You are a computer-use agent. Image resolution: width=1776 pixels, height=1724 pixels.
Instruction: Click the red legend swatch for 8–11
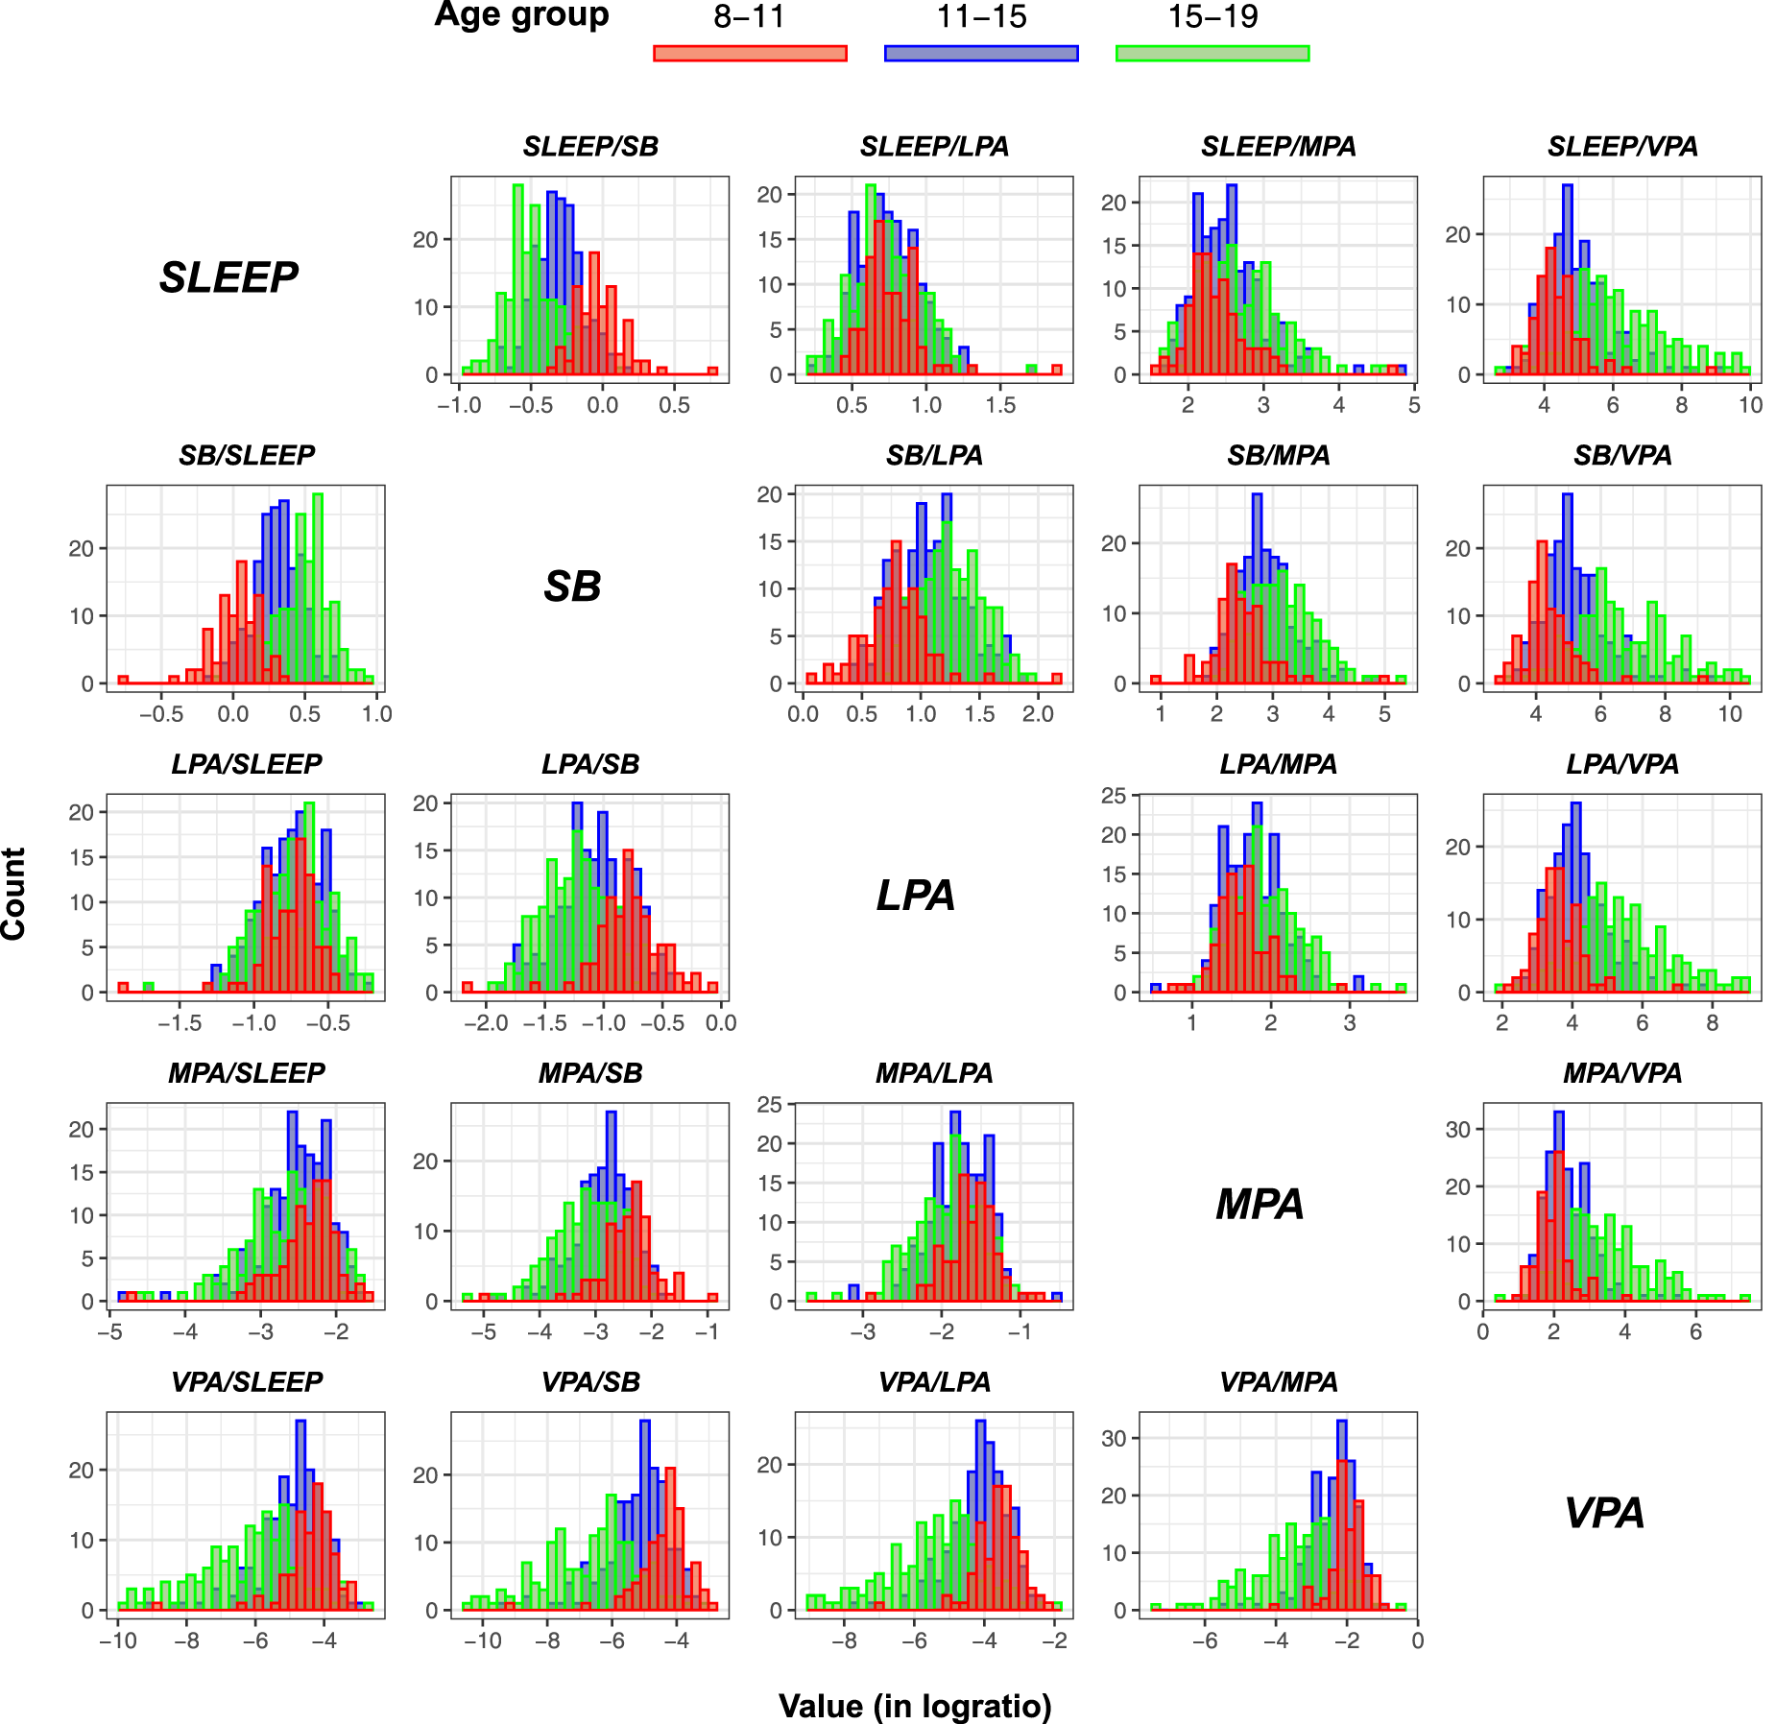point(750,53)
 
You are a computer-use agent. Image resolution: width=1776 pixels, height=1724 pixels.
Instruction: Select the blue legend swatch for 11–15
point(981,53)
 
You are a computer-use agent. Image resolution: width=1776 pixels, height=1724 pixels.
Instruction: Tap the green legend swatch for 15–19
point(1212,53)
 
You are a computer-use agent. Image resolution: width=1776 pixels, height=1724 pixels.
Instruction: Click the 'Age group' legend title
point(521,16)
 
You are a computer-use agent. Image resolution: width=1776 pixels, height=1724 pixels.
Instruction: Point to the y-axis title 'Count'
point(13,894)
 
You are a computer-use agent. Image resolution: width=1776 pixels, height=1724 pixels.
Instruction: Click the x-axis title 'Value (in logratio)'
point(915,1706)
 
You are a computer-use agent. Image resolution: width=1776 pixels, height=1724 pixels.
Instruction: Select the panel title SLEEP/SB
point(590,147)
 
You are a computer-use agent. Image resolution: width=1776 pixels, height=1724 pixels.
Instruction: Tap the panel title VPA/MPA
point(1278,1382)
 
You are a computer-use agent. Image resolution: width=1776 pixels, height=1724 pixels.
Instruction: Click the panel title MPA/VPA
point(1622,1073)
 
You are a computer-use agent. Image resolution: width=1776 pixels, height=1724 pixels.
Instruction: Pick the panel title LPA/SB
point(590,764)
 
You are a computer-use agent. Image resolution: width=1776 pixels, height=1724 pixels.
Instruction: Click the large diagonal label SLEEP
point(228,278)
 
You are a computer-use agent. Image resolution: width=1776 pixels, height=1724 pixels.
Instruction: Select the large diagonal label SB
point(572,587)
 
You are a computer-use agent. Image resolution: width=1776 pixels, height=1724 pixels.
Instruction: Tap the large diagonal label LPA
point(916,896)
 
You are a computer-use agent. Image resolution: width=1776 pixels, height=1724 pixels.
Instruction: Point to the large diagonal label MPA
point(1260,1205)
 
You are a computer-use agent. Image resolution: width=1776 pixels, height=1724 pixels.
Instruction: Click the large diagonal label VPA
point(1604,1514)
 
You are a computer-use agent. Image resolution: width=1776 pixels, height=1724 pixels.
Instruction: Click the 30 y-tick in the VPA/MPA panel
point(1115,1438)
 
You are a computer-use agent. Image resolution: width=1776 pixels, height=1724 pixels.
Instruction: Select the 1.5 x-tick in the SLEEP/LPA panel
point(1000,405)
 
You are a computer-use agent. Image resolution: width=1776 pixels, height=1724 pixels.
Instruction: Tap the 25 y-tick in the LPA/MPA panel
point(1115,796)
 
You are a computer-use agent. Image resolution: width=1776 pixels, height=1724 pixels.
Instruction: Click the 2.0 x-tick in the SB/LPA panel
point(1038,714)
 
